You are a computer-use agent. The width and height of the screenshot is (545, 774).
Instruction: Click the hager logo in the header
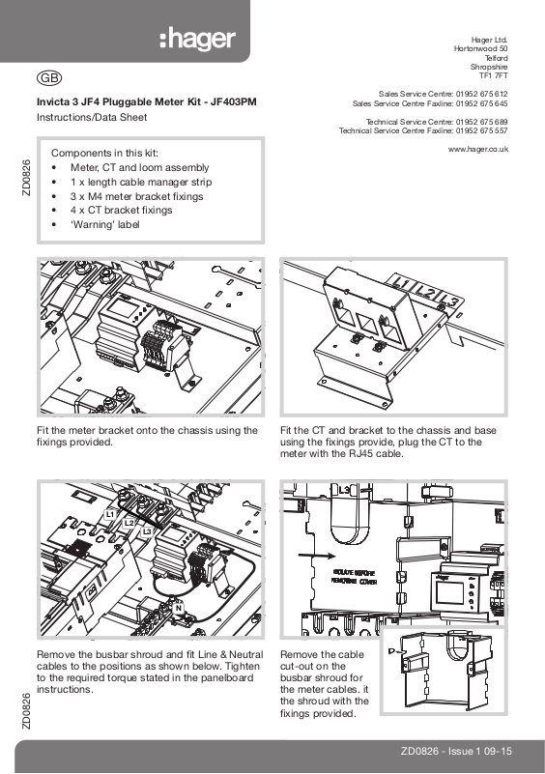click(x=197, y=39)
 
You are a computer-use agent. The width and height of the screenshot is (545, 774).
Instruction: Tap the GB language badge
click(x=49, y=78)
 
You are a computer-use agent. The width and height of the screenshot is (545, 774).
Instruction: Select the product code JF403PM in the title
click(x=234, y=102)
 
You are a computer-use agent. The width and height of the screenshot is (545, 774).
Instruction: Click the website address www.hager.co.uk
click(x=478, y=149)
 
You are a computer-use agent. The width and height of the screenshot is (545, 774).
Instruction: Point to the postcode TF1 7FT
click(x=493, y=76)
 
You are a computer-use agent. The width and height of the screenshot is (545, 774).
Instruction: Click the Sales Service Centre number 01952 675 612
click(x=481, y=94)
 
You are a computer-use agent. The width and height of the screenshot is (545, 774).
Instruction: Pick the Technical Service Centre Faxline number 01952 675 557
click(x=481, y=130)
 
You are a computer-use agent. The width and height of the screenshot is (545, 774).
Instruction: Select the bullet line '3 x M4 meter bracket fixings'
click(x=137, y=196)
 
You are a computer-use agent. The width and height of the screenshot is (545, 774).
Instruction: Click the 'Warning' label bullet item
click(x=105, y=224)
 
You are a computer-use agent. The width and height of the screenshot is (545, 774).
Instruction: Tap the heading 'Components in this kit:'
click(x=104, y=153)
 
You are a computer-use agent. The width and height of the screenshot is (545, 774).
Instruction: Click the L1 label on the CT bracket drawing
click(x=400, y=283)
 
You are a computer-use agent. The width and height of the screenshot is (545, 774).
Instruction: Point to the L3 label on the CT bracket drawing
click(x=449, y=300)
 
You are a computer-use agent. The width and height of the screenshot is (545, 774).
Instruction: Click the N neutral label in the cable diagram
click(x=178, y=608)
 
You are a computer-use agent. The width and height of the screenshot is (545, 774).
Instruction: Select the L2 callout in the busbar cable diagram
click(x=129, y=523)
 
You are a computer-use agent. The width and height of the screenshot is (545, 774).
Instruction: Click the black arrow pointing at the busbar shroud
click(x=316, y=556)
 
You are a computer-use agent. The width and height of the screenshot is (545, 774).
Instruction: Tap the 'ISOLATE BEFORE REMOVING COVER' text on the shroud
click(x=355, y=577)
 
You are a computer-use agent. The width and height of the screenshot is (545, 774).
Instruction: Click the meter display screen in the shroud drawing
click(x=448, y=594)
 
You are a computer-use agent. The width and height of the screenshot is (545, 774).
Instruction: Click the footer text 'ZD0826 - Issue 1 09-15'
click(x=456, y=752)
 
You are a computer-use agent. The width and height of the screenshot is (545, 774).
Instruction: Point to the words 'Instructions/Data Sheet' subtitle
click(x=92, y=118)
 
